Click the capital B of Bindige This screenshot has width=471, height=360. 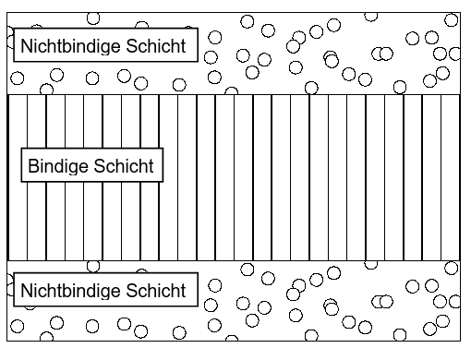point(34,167)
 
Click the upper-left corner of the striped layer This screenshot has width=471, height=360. point(8,94)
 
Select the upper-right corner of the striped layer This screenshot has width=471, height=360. point(459,94)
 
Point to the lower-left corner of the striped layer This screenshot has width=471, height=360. point(8,260)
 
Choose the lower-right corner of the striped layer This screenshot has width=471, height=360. point(459,260)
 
